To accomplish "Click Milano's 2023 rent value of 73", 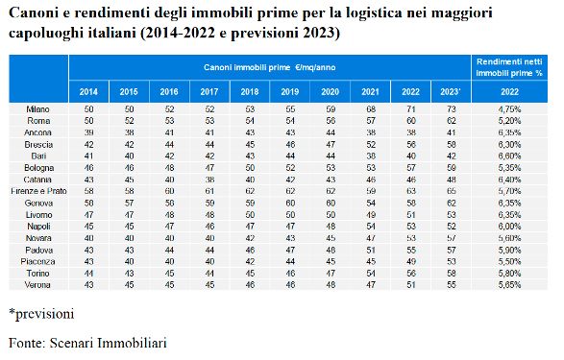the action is [451, 108].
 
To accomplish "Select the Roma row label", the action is [38, 121].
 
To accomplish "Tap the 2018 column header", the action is [250, 92].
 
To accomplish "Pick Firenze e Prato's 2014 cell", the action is [88, 191].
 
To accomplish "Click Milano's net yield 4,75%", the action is [509, 108].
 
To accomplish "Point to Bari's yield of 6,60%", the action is [509, 156].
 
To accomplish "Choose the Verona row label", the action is [37, 285].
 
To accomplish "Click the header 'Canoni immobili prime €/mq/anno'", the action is [269, 67].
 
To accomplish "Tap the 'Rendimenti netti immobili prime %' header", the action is [509, 67].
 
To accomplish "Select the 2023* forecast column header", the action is [451, 92].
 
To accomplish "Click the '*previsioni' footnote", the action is [41, 314].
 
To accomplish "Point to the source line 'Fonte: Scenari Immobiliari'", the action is [87, 343].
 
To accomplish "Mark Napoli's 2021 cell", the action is [371, 227].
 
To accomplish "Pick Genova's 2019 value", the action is [290, 203].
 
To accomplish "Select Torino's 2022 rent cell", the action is [411, 274].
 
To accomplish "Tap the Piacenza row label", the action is [37, 261].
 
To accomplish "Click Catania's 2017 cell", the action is [209, 180].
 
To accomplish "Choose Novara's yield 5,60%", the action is [509, 238].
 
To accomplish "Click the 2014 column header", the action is [88, 92].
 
